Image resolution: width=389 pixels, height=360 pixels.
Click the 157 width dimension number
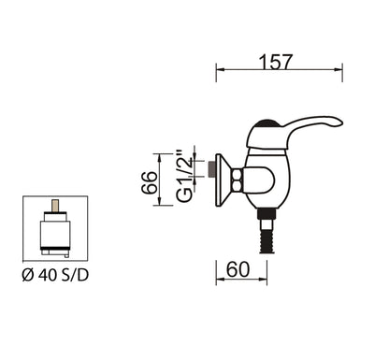[x=277, y=62]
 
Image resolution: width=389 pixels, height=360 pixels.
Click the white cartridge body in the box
[x=58, y=229]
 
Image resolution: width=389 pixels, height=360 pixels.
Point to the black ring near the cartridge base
[x=58, y=251]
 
